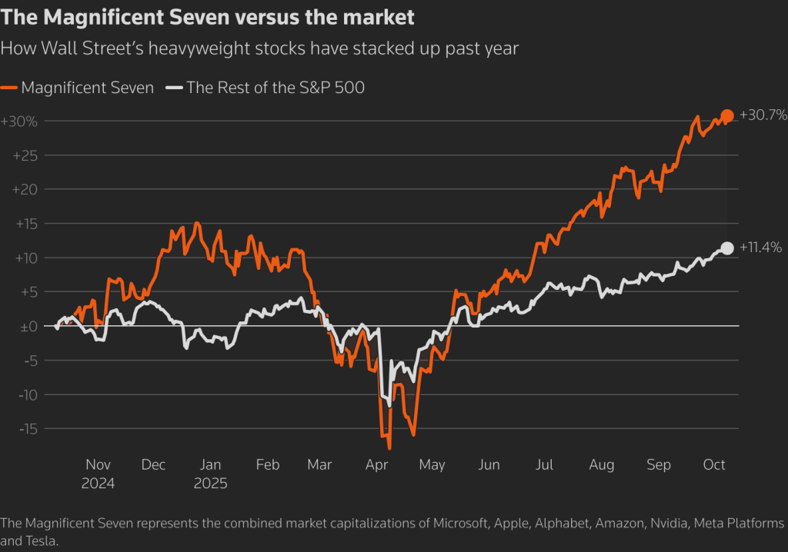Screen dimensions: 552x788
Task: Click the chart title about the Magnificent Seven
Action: (208, 16)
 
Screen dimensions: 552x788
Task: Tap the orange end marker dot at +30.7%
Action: (727, 116)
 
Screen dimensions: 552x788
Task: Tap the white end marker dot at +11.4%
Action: (727, 248)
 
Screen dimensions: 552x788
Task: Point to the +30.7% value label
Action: (763, 115)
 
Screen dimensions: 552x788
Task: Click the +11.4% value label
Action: (760, 248)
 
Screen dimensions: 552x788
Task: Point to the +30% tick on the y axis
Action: (19, 121)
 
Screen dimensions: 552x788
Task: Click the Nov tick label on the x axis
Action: (98, 465)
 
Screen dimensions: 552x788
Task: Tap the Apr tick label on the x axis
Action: (376, 465)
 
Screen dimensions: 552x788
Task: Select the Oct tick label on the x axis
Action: (714, 465)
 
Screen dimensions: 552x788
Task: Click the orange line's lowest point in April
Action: (389, 447)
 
